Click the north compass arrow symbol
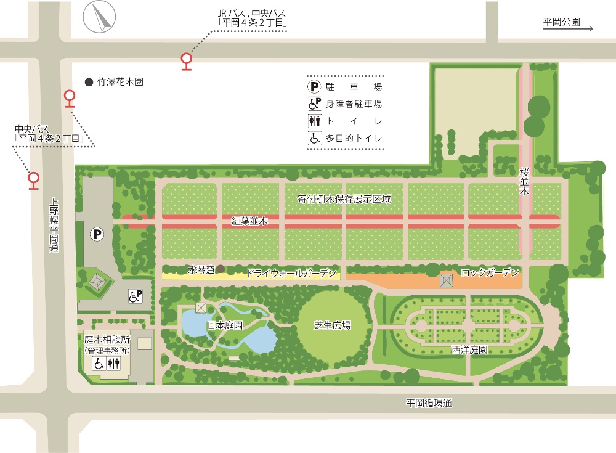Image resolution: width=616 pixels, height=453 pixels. [100, 17]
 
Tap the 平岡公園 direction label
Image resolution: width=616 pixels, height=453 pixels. [562, 22]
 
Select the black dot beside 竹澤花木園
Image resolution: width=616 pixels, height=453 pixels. [89, 81]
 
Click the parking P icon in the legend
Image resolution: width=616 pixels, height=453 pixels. [315, 87]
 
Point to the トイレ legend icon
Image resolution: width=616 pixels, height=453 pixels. [315, 121]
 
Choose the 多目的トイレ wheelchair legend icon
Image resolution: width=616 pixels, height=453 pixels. [315, 139]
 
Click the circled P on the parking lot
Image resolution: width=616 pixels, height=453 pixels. [96, 234]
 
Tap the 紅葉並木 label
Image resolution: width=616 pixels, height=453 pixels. [249, 220]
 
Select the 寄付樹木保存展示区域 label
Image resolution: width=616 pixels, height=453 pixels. [344, 199]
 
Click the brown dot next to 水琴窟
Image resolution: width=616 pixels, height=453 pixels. [220, 269]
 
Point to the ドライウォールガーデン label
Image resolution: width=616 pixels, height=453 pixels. [291, 273]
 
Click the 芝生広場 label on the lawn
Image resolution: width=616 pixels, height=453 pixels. [333, 325]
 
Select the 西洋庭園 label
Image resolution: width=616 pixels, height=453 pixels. [470, 349]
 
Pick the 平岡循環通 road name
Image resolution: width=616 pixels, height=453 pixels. [429, 403]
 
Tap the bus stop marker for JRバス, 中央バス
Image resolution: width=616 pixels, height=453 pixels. [186, 60]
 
